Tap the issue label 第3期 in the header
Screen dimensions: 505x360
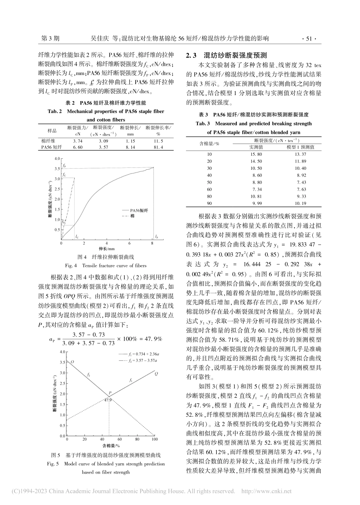point(49,38)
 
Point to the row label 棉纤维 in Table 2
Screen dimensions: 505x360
point(49,141)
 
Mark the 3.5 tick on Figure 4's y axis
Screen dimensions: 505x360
point(57,168)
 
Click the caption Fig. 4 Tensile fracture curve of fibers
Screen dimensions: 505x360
point(106,266)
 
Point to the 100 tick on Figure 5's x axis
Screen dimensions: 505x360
point(154,439)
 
